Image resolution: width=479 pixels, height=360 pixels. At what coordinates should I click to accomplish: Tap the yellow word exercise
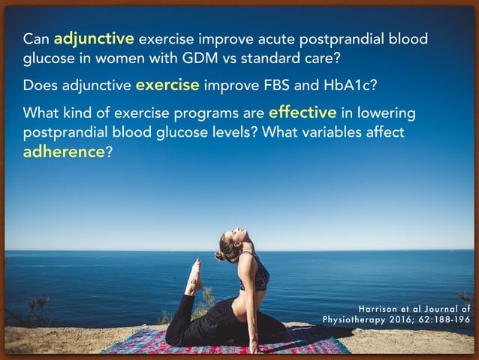pos(167,85)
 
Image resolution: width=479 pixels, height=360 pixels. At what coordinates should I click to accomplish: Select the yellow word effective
pos(302,113)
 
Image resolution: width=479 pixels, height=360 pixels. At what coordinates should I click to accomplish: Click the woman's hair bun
pos(219,256)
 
